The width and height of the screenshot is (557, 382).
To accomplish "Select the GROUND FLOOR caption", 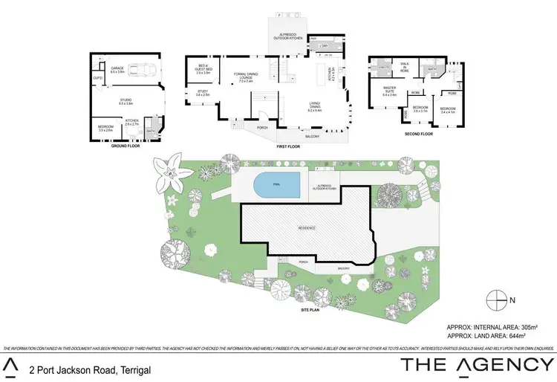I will coord(126,146).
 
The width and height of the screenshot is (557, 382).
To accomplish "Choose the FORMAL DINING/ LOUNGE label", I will coord(246,74).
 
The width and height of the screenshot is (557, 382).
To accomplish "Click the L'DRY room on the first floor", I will coord(322,46).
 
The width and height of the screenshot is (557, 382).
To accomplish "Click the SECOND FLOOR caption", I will coord(417,134).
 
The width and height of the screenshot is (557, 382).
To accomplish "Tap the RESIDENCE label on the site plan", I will coord(307,227).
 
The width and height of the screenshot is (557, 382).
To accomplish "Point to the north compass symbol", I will coord(497,300).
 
